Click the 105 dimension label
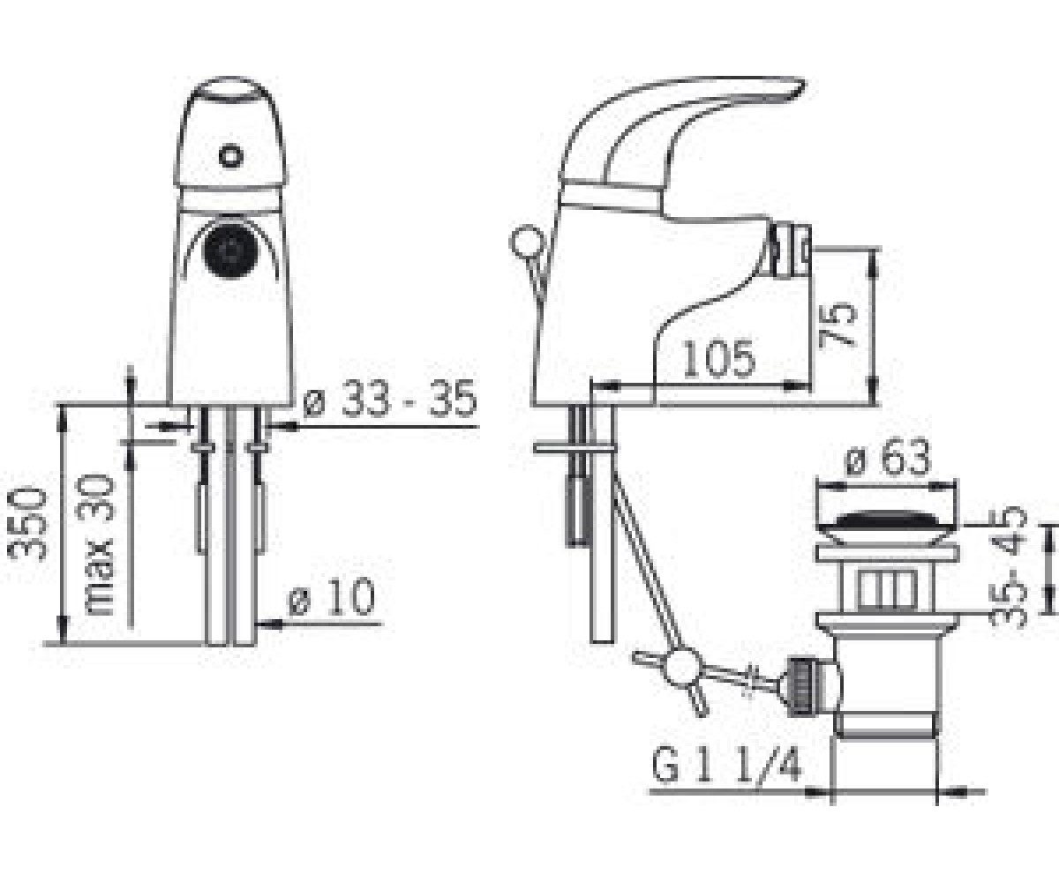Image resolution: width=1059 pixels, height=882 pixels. pyautogui.click(x=719, y=359)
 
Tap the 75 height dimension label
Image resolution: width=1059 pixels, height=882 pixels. pyautogui.click(x=837, y=325)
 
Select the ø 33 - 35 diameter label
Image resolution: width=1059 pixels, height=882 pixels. pyautogui.click(x=390, y=399)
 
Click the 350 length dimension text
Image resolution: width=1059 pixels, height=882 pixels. pyautogui.click(x=28, y=523)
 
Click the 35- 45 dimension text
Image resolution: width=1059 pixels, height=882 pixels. pyautogui.click(x=1008, y=567)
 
